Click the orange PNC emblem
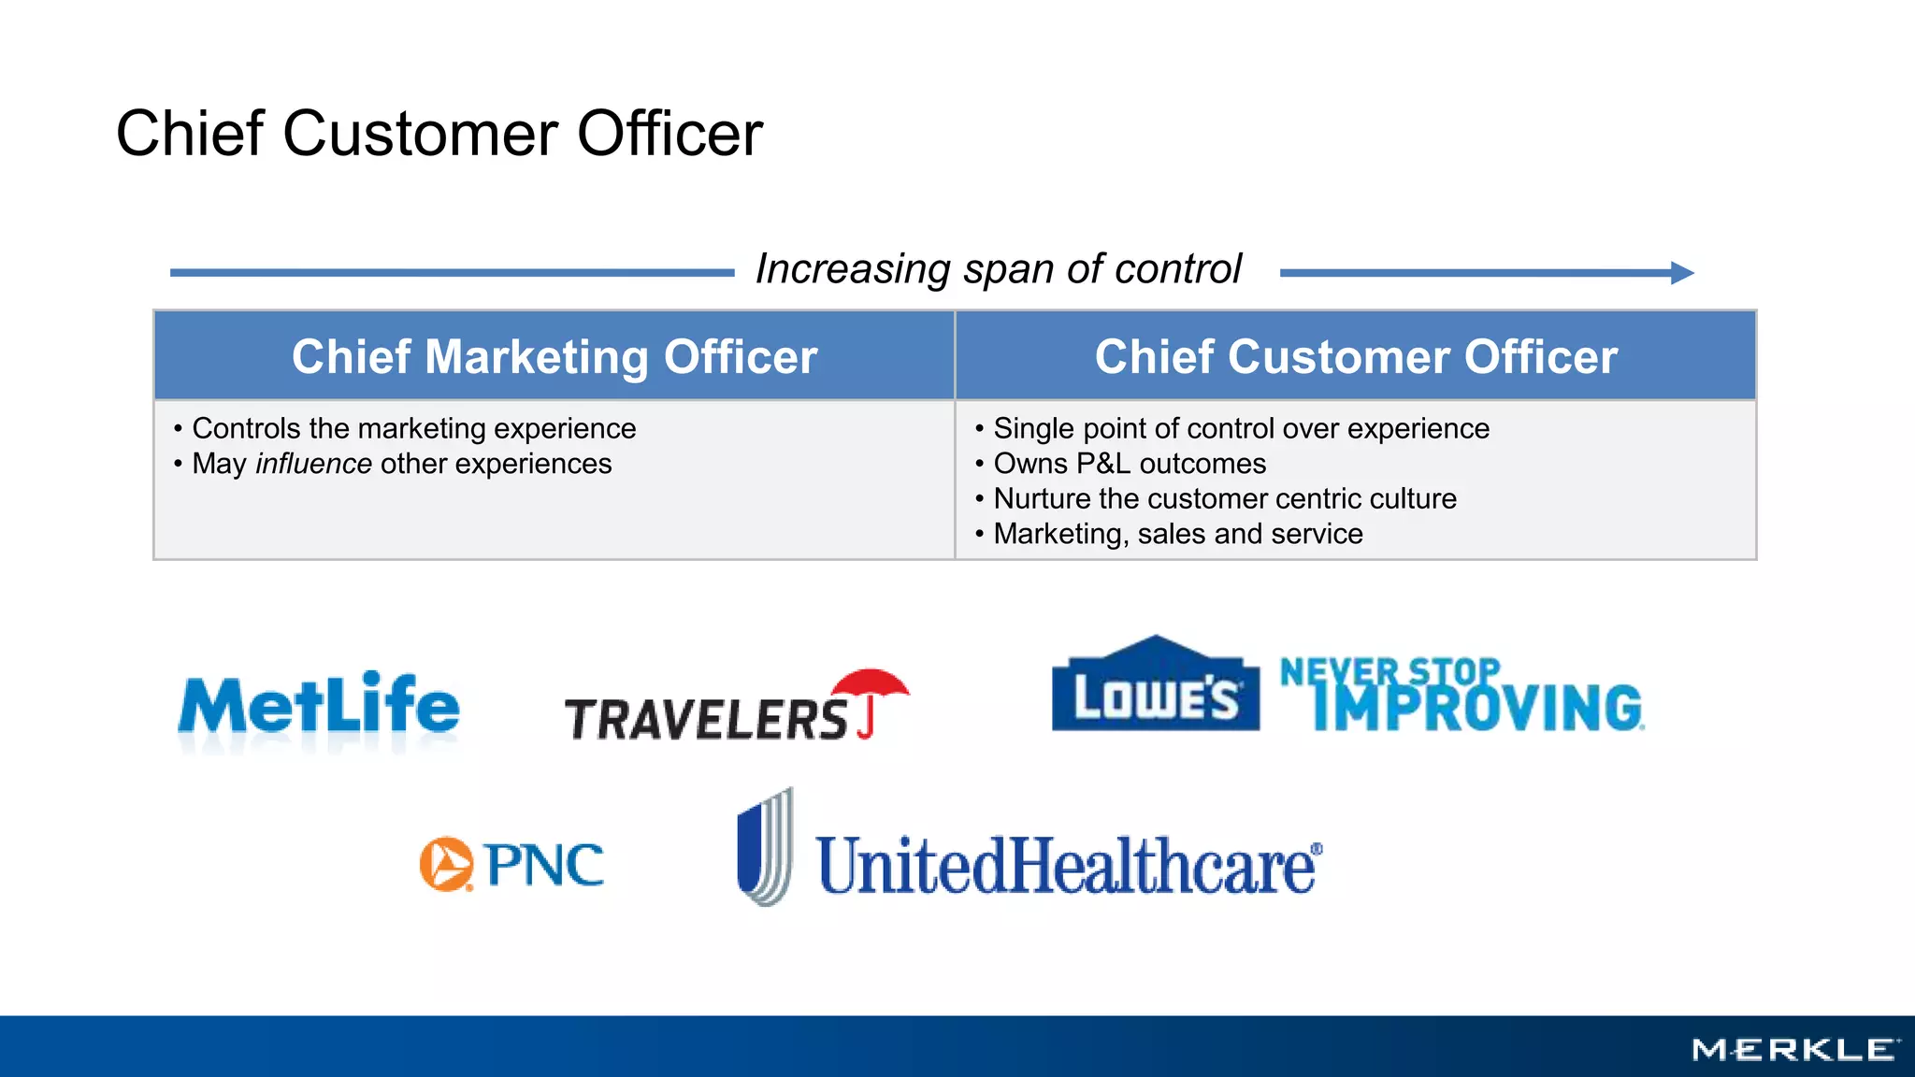[446, 864]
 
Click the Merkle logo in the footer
[1795, 1050]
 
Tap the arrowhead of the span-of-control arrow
[1682, 273]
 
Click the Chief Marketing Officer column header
[554, 356]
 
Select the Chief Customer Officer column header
[1356, 356]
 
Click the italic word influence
[313, 464]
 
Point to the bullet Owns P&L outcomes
[1130, 464]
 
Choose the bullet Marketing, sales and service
[1177, 534]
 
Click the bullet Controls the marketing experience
[413, 428]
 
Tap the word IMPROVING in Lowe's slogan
[1477, 708]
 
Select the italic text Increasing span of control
[998, 269]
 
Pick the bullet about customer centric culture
[1224, 498]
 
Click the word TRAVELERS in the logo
[706, 720]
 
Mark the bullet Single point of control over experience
[1241, 428]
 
